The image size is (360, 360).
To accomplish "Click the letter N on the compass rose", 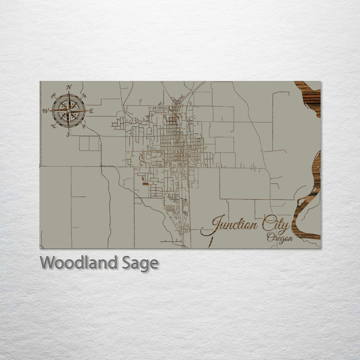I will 69,87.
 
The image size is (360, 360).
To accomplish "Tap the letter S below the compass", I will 68,133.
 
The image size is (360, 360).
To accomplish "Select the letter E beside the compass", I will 91,110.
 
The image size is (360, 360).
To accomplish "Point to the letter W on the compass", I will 45,111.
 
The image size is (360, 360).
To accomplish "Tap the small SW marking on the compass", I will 53,125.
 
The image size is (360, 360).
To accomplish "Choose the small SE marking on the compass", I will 83,125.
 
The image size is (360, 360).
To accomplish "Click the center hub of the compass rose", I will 68,110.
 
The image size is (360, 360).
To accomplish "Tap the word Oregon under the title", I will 279,238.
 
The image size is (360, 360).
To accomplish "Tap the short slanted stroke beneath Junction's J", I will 210,242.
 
